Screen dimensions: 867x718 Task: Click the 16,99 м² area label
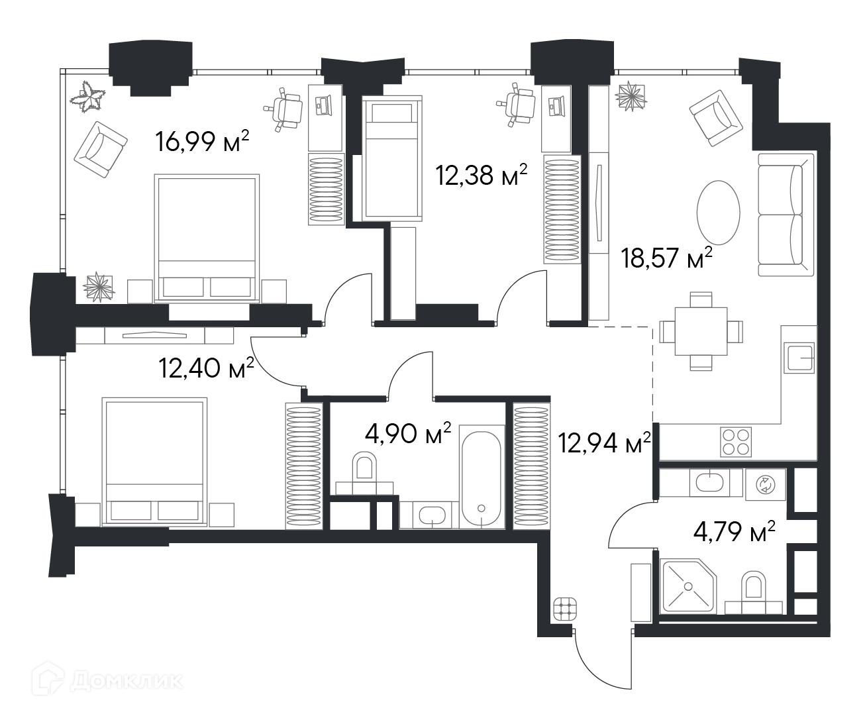[202, 141]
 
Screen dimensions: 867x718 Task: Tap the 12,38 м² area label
[482, 174]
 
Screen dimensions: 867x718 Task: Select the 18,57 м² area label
[666, 258]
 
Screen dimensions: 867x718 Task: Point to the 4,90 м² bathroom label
[408, 434]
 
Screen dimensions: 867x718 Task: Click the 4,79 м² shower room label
[735, 532]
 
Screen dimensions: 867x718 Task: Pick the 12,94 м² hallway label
[605, 442]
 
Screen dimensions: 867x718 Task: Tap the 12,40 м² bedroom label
[207, 368]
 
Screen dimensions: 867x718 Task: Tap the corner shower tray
[688, 586]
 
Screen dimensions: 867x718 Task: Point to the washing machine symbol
[766, 484]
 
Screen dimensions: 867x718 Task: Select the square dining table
[701, 331]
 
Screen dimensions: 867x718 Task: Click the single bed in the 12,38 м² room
[392, 158]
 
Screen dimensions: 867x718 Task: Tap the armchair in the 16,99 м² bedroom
[101, 150]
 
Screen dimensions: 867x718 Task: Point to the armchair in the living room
[716, 118]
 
